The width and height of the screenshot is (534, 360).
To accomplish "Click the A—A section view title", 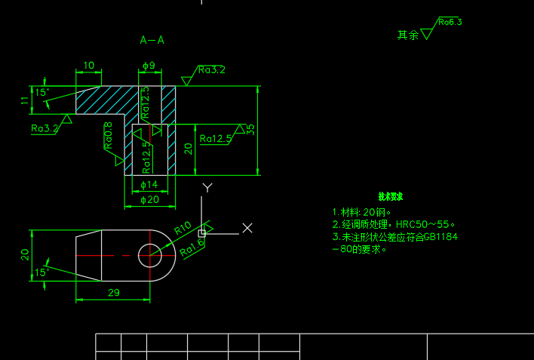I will click(152, 40).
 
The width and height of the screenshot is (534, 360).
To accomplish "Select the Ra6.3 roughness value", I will click(450, 22).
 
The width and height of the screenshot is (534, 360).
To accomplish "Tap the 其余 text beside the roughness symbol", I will click(408, 35).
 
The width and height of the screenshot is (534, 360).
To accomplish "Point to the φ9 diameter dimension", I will click(149, 66).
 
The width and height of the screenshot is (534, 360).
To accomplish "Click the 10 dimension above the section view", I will click(88, 66).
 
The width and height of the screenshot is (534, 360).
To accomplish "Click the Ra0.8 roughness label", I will click(109, 136).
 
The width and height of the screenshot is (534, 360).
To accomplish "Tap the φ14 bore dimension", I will click(149, 185).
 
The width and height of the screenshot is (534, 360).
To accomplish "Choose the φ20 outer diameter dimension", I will click(150, 200).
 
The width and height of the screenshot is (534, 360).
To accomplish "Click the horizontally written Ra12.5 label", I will click(216, 139).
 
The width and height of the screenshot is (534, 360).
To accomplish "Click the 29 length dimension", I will click(113, 292).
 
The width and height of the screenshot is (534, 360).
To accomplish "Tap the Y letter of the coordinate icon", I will click(207, 187).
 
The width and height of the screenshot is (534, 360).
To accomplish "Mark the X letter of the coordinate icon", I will click(247, 227).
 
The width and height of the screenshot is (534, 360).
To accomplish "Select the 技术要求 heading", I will click(390, 196).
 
